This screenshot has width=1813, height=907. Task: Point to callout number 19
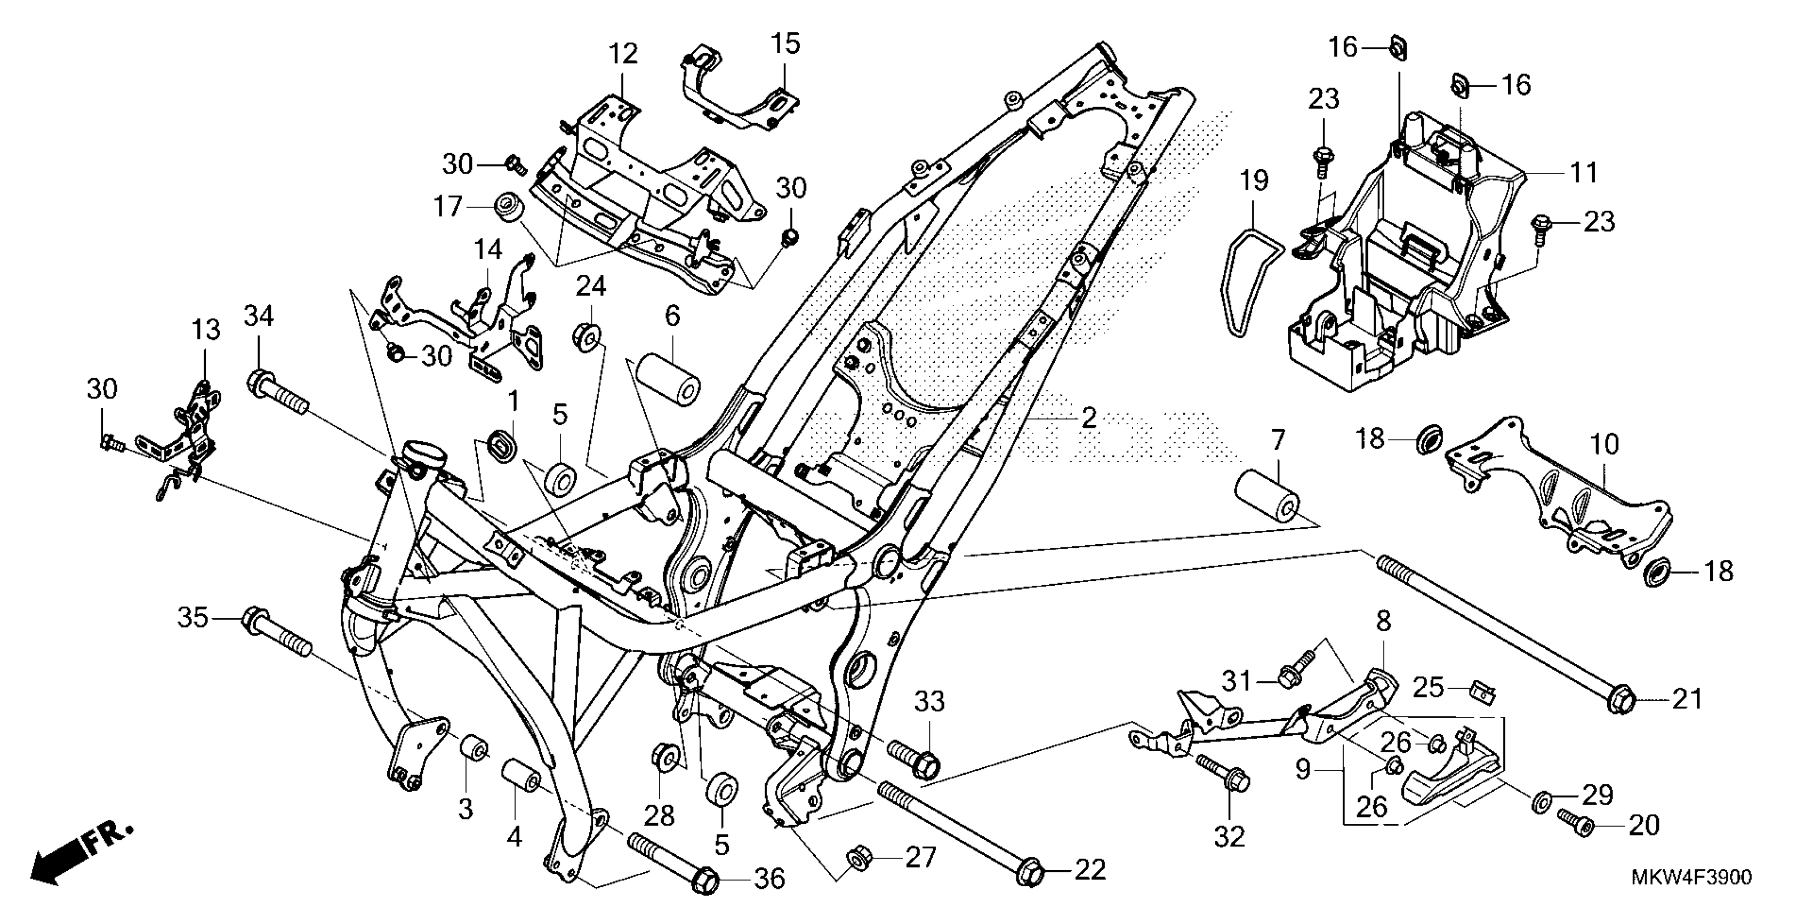pos(1254,180)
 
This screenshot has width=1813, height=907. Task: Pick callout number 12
pos(623,53)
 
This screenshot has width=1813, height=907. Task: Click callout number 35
pos(192,618)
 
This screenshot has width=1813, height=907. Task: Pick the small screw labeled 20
pos(1575,821)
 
